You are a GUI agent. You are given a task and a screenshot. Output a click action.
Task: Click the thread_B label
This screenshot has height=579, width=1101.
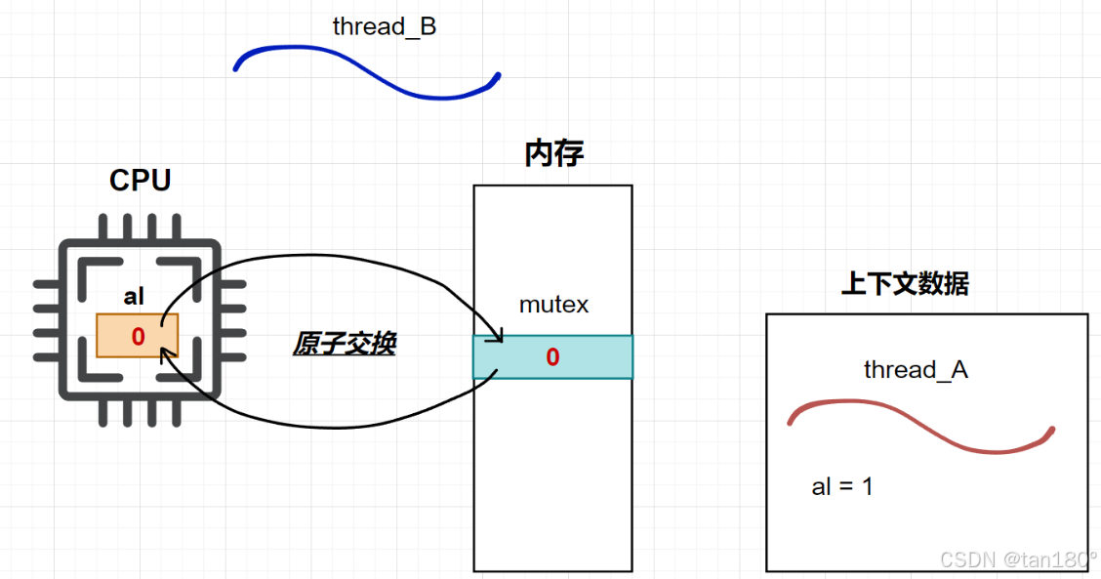click(384, 27)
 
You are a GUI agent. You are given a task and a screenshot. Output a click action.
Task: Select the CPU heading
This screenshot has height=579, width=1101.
click(140, 181)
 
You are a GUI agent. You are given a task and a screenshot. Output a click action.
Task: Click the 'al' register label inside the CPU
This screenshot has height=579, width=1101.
click(134, 297)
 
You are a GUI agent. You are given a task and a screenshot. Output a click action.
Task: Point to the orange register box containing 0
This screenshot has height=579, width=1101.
click(138, 336)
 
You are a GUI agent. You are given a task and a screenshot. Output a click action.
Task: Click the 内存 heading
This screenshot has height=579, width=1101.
click(553, 153)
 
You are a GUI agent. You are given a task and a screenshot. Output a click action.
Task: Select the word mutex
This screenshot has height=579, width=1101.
click(553, 305)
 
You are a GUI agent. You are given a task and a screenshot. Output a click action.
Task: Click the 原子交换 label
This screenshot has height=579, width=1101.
click(344, 344)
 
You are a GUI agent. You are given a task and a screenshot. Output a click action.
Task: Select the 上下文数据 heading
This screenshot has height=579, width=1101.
click(905, 284)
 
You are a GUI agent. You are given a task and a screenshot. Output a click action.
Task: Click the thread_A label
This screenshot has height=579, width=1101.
click(916, 370)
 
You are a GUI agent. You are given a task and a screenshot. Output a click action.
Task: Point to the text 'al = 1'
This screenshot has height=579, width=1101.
click(841, 486)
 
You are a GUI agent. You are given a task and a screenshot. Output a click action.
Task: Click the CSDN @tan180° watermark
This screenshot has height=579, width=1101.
click(1018, 559)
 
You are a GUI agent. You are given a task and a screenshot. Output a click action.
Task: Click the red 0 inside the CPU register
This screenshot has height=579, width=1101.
click(138, 337)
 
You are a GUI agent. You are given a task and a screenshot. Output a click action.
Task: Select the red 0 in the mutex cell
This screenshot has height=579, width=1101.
click(552, 357)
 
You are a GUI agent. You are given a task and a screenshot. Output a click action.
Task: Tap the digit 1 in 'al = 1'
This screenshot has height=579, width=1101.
click(867, 486)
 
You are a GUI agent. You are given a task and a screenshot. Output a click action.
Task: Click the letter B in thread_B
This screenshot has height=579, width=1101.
click(428, 27)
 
